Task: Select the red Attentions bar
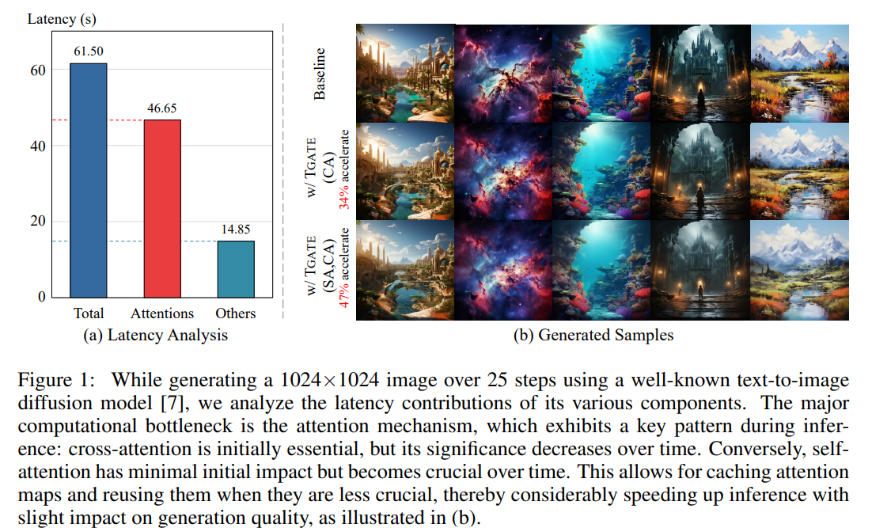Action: click(x=161, y=208)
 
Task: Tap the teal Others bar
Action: click(x=236, y=268)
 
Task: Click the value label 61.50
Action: click(x=88, y=51)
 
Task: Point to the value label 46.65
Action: click(x=161, y=108)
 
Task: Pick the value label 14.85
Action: click(x=236, y=229)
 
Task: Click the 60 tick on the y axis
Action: click(x=37, y=70)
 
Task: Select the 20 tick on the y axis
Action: click(x=37, y=221)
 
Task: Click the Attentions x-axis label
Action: click(x=161, y=313)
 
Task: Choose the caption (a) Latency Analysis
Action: click(x=156, y=335)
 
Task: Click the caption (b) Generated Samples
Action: click(x=593, y=335)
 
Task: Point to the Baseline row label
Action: click(x=320, y=73)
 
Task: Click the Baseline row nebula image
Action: click(x=503, y=73)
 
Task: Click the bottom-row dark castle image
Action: click(x=700, y=271)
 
